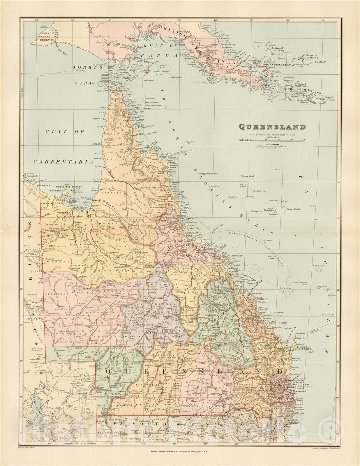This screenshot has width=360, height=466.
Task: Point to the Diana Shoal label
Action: point(248,176)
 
